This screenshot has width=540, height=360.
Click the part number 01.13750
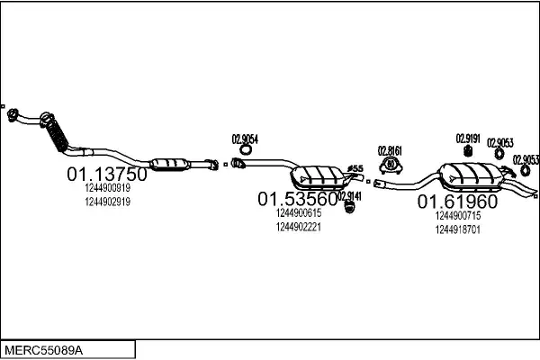coord(106,173)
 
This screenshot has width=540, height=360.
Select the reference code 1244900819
coord(108,188)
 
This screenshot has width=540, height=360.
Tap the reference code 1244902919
coord(108,202)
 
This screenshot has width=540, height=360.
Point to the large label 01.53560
coord(298,198)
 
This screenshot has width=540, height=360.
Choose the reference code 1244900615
coord(300,213)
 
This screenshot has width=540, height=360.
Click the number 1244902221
coord(300,227)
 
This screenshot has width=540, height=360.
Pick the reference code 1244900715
coord(457,216)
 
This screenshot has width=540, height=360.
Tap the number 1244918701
coord(457,229)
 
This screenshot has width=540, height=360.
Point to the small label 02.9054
coord(245,139)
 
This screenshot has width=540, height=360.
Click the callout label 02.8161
coord(390,150)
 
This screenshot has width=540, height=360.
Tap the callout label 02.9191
coord(467,138)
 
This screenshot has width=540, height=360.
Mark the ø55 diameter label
coord(355,168)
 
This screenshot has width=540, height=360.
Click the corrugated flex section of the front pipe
coord(55,135)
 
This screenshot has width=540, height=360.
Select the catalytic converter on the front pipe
coord(170,163)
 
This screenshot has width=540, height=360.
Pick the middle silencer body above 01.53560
coord(319,175)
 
